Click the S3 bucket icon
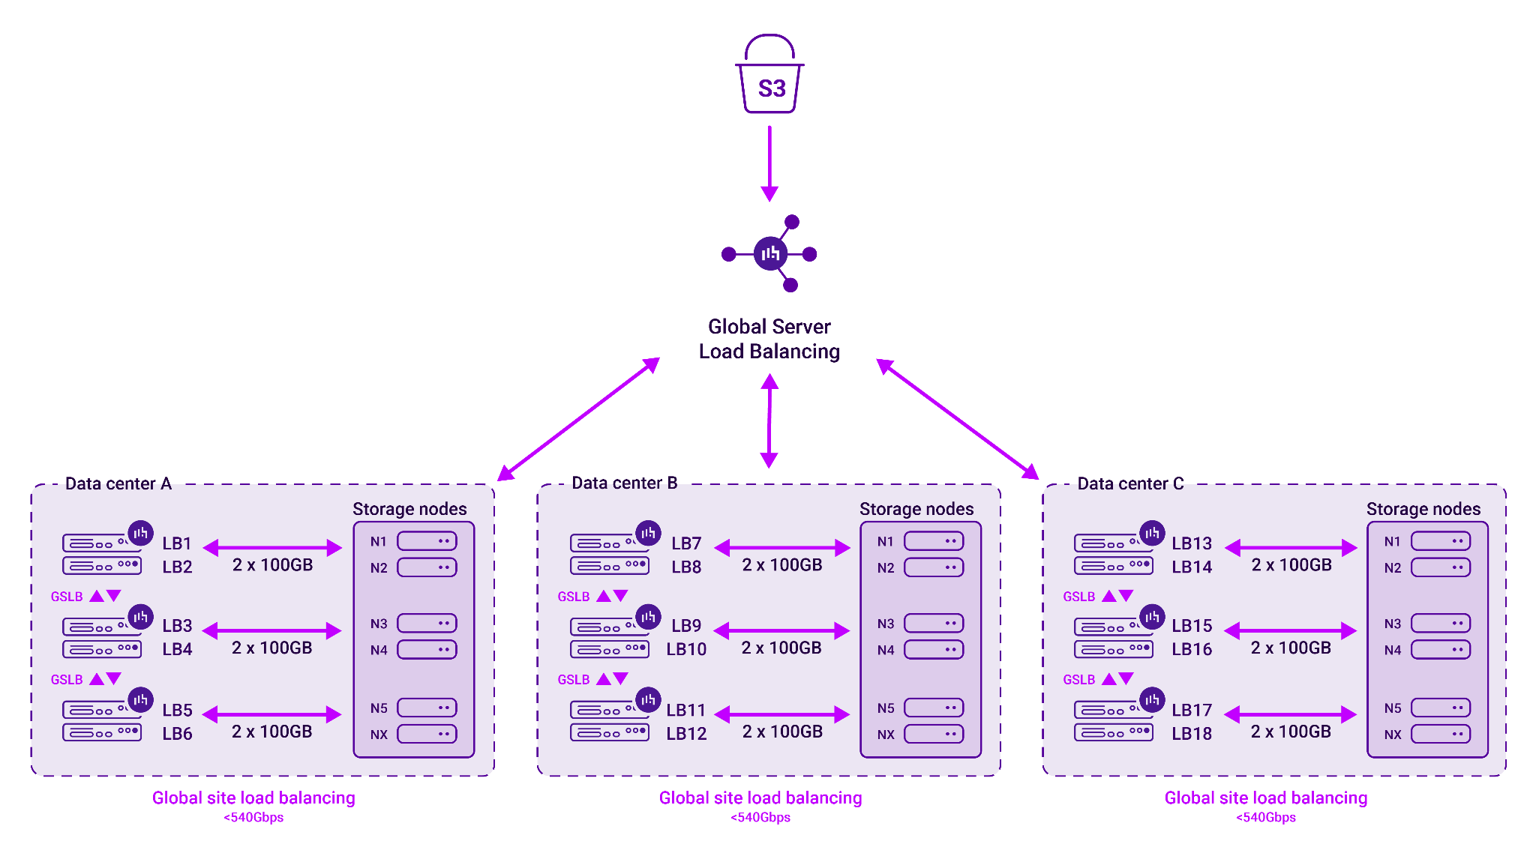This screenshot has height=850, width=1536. click(x=769, y=74)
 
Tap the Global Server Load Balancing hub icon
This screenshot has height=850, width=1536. click(x=769, y=253)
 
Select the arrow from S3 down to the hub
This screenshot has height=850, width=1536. click(x=769, y=163)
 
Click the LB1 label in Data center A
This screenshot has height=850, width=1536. click(x=177, y=543)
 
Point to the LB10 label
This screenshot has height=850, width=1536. click(x=686, y=649)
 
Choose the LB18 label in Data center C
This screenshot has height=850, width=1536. click(x=1192, y=734)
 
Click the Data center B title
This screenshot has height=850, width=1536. click(x=625, y=483)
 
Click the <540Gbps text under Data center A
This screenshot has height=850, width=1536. click(x=253, y=817)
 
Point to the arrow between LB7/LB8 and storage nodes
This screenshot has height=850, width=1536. click(x=782, y=548)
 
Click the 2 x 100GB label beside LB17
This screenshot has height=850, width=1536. click(x=1291, y=732)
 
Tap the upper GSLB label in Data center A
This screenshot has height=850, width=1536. click(x=67, y=597)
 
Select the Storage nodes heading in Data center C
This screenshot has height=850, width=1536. click(x=1423, y=509)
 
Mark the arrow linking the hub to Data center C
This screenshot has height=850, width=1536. click(x=958, y=419)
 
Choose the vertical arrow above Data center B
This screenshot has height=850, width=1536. click(x=769, y=421)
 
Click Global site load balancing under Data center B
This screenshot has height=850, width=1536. click(x=760, y=798)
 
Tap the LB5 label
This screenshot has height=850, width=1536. click(x=177, y=710)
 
